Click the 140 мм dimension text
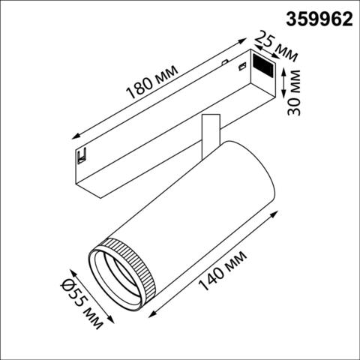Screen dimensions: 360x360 click(229, 272)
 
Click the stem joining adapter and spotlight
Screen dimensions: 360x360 click(209, 131)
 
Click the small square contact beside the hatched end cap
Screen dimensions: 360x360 click(242, 68)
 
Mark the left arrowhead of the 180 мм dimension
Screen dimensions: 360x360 click(73, 136)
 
